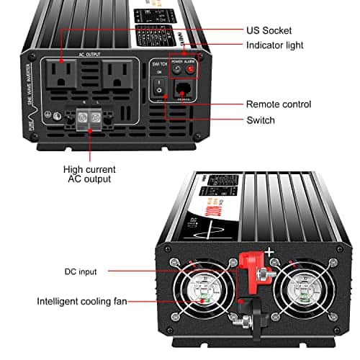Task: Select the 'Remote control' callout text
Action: [279, 104]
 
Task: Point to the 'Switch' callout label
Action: [260, 120]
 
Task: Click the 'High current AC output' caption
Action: [89, 174]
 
